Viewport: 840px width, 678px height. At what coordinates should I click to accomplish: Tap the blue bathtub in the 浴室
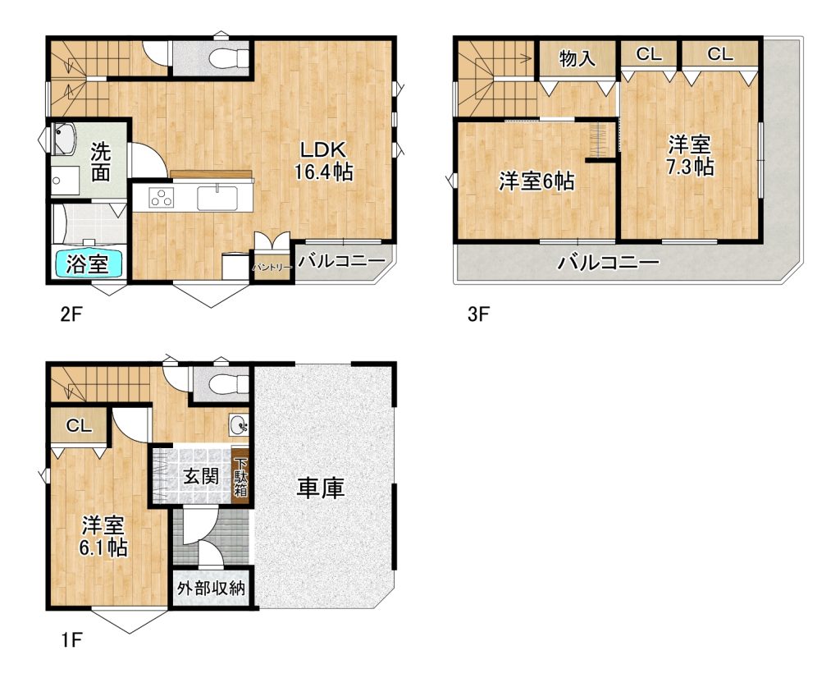(x=89, y=263)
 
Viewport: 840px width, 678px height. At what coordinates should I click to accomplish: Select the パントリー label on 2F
(x=272, y=267)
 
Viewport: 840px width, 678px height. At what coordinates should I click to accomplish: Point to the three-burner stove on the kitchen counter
(x=162, y=198)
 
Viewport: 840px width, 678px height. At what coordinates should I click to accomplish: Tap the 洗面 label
(x=100, y=162)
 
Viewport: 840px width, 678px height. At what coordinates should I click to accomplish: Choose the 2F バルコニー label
(x=341, y=262)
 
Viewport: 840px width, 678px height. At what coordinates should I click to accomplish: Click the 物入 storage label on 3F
(x=577, y=57)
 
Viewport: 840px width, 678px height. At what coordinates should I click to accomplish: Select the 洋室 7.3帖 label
(x=689, y=155)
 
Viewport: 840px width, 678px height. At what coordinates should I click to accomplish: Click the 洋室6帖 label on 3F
(x=536, y=181)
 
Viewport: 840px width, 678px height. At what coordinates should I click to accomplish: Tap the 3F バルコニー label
(x=608, y=263)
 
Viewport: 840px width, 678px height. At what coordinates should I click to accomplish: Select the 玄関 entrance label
(x=201, y=475)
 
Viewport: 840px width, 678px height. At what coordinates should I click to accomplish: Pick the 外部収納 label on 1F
(x=211, y=588)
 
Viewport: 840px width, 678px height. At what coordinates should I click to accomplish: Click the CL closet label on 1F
(x=79, y=426)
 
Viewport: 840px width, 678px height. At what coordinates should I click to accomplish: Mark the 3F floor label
(x=478, y=314)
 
